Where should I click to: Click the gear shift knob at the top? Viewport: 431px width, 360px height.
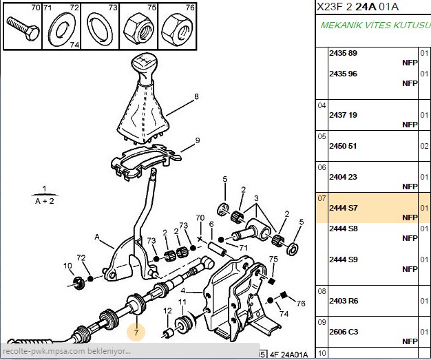click(x=144, y=67)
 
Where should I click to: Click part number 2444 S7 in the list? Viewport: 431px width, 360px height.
click(x=344, y=208)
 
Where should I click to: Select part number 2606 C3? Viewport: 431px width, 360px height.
click(x=344, y=332)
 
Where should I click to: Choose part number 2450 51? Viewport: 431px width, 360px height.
click(x=343, y=146)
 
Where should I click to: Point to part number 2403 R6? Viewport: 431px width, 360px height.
click(x=344, y=301)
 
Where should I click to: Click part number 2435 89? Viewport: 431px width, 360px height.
click(x=343, y=53)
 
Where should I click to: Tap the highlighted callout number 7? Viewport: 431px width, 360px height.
click(x=136, y=332)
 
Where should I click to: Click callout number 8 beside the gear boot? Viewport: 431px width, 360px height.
click(x=196, y=96)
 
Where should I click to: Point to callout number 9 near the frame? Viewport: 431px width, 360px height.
click(x=198, y=140)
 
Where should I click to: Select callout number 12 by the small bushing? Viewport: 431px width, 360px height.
click(x=167, y=311)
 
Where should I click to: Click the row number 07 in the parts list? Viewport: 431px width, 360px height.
click(x=322, y=198)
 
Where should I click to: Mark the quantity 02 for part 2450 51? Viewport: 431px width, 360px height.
click(x=424, y=146)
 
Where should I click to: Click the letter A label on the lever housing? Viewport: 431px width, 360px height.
click(x=97, y=237)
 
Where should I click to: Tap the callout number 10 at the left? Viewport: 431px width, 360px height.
click(x=67, y=266)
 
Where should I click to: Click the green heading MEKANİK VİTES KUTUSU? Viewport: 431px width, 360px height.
click(x=375, y=25)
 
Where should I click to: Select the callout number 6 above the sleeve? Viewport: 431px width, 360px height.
click(x=211, y=224)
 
